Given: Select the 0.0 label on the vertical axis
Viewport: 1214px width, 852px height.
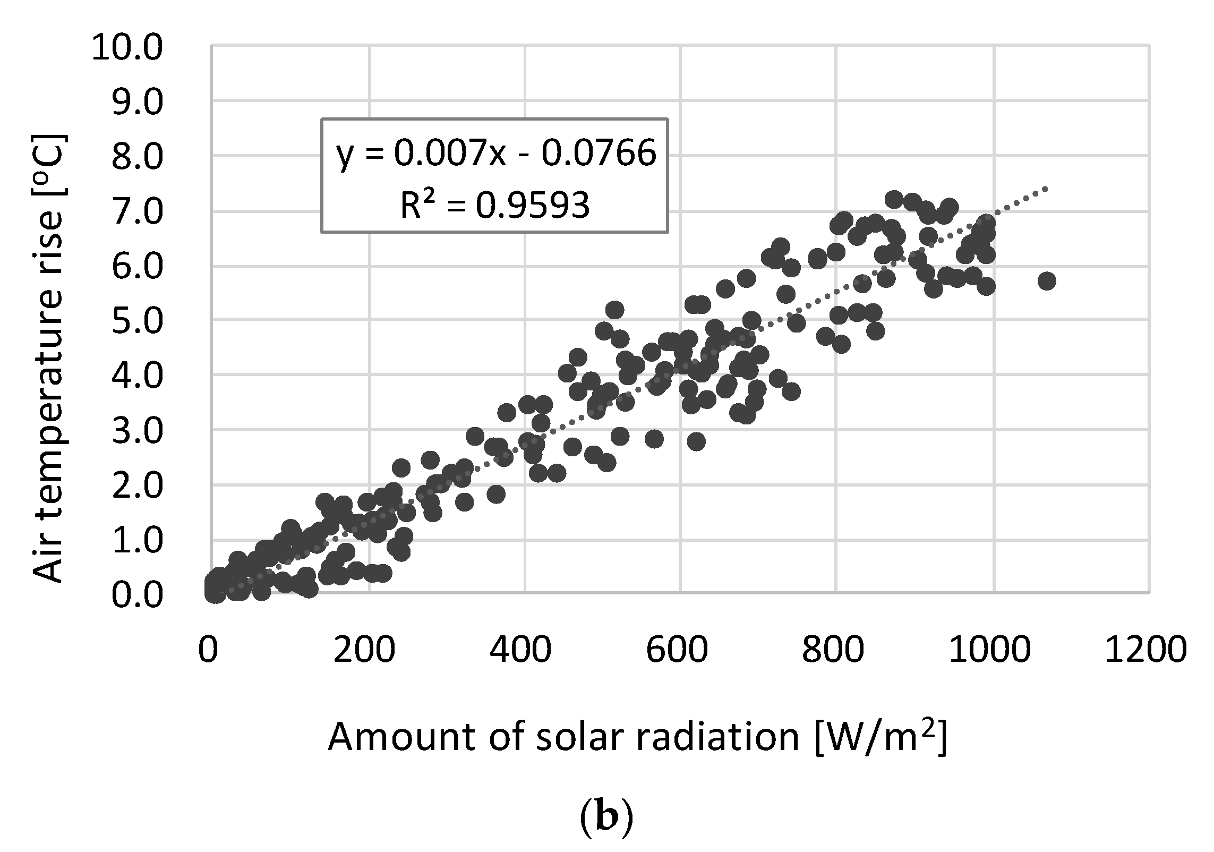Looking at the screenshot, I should click(x=136, y=595).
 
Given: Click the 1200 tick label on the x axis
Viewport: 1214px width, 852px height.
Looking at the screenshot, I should click(x=1145, y=650).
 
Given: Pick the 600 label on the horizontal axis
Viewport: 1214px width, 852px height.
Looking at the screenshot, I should click(x=677, y=650).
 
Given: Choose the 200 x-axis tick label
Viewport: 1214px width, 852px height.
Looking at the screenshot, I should click(x=365, y=650).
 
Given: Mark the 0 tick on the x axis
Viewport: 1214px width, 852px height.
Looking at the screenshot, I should click(x=208, y=650).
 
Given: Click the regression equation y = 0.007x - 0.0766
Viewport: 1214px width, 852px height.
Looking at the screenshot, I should click(x=496, y=154).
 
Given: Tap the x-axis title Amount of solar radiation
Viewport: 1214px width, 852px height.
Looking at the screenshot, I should click(x=563, y=738).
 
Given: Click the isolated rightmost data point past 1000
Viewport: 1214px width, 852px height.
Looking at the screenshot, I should click(x=1046, y=281).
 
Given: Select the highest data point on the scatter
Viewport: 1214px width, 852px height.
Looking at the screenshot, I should click(x=894, y=200).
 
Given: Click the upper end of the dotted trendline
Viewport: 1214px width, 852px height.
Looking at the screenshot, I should click(x=1045, y=189).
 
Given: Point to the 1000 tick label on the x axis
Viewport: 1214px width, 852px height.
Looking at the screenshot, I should click(x=989, y=650).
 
